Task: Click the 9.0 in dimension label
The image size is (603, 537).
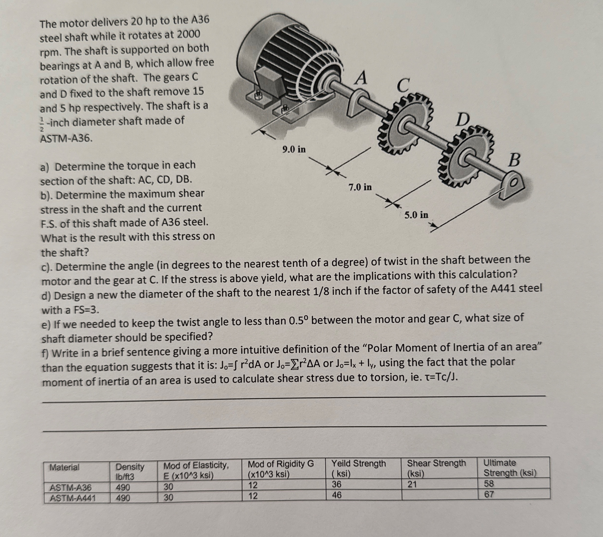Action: coord(294,149)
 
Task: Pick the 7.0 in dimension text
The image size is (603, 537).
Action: coord(360,187)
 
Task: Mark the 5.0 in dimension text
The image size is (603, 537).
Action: coord(416,215)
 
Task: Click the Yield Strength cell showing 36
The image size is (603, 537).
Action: coord(336,484)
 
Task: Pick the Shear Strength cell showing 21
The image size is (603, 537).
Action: coord(412,484)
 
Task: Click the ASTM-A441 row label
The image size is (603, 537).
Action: coord(73,498)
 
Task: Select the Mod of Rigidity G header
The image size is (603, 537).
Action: coord(280,469)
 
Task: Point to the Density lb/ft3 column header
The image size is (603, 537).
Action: coord(130,471)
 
